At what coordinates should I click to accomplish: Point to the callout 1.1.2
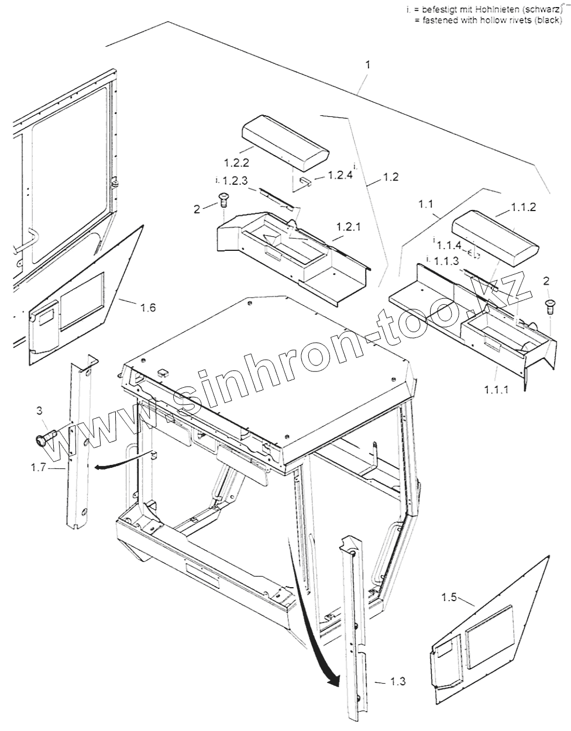[x=524, y=207]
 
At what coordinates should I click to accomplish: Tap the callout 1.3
[x=397, y=681]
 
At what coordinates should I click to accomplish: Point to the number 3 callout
[x=39, y=411]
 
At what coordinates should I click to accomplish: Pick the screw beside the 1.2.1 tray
[x=223, y=200]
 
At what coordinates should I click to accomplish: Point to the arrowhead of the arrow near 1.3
[x=333, y=681]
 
